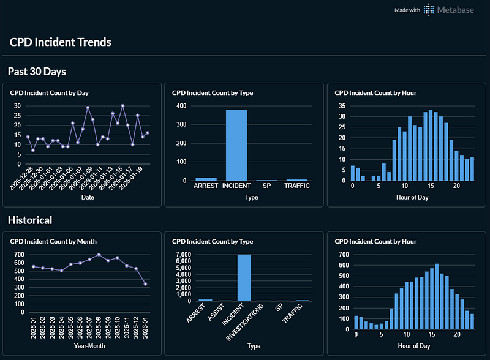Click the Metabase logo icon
coord(429,10)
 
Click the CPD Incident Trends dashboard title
coord(60,42)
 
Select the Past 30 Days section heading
coord(37,72)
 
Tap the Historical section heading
coord(30,220)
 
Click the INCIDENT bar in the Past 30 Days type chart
coord(236,145)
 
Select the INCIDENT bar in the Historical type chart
coord(244,278)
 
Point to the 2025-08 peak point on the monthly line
coord(99,255)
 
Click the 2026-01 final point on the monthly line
coord(145,284)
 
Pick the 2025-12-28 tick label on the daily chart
coord(21,178)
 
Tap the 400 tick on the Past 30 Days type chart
coord(181,106)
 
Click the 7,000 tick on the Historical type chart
coord(183,254)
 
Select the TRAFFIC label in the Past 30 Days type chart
coord(297,186)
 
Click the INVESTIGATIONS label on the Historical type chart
coord(245,322)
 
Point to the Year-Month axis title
coord(89,346)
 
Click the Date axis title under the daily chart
coord(88,197)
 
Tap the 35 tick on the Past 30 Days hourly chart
coord(342,106)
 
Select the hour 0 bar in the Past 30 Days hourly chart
coord(353,173)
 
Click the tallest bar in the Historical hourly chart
coord(437,296)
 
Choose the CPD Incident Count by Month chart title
coord(53,242)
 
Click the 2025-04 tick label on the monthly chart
coord(61,328)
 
